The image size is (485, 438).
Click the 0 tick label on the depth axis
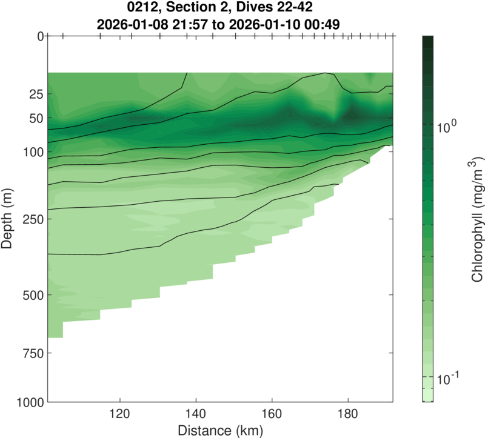click(x=39, y=36)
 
